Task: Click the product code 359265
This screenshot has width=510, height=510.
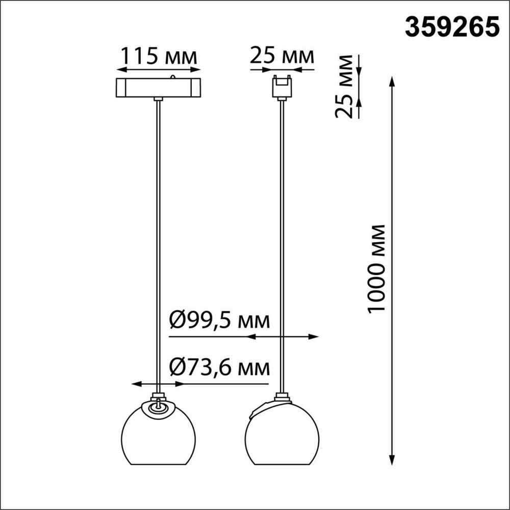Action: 451,28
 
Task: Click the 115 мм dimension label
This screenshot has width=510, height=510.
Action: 159,56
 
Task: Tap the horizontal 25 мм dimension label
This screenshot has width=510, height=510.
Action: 282,56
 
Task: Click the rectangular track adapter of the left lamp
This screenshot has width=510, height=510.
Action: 159,88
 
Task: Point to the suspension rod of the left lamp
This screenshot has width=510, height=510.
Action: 159,245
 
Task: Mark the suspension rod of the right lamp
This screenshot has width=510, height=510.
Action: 281,245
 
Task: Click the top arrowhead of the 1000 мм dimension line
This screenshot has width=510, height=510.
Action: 392,82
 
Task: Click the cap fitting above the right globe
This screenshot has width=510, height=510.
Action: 281,396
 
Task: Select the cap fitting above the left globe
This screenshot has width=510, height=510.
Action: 159,396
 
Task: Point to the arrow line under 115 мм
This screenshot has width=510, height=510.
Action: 159,69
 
